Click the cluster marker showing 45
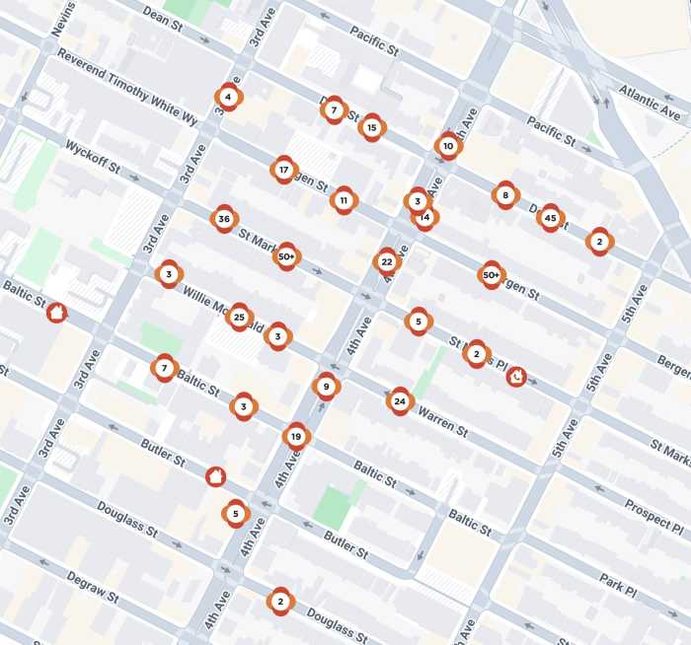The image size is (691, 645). [550, 218]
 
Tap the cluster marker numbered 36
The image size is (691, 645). [224, 219]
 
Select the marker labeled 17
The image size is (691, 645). [284, 170]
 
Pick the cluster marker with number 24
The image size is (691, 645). [399, 400]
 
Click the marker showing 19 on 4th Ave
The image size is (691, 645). [296, 436]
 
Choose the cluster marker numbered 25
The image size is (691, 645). [239, 317]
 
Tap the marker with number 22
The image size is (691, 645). [387, 261]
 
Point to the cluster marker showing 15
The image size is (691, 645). [371, 127]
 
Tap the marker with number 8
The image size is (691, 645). [505, 195]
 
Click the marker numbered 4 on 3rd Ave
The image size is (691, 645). [228, 97]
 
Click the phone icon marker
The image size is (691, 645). [515, 376]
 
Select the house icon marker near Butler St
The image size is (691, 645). [214, 476]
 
